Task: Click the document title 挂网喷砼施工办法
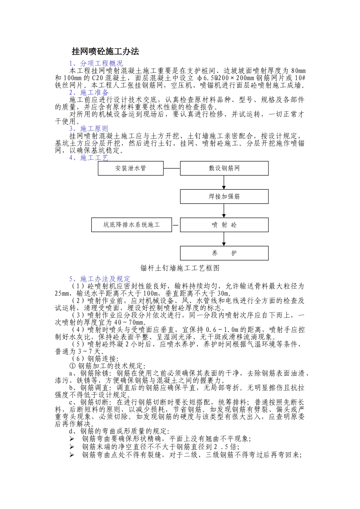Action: click(x=106, y=52)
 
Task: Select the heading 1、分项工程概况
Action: click(x=96, y=64)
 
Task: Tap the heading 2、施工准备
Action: click(x=89, y=93)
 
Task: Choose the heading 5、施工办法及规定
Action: click(x=100, y=279)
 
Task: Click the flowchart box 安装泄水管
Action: click(x=130, y=168)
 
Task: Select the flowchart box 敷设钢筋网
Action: click(x=224, y=168)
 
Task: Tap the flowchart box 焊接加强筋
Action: click(x=224, y=197)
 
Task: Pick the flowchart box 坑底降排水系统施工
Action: click(x=131, y=225)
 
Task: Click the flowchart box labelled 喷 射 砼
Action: click(x=224, y=225)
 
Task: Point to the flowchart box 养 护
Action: click(x=224, y=253)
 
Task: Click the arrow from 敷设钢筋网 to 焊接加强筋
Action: click(x=224, y=183)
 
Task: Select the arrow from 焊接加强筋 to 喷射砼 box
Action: click(x=224, y=211)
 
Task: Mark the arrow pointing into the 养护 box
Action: click(x=224, y=239)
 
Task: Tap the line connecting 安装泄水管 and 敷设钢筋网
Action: click(x=172, y=168)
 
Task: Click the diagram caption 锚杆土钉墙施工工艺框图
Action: click(x=180, y=268)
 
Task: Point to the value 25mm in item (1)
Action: click(x=62, y=294)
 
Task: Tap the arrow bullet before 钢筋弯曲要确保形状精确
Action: click(x=72, y=439)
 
